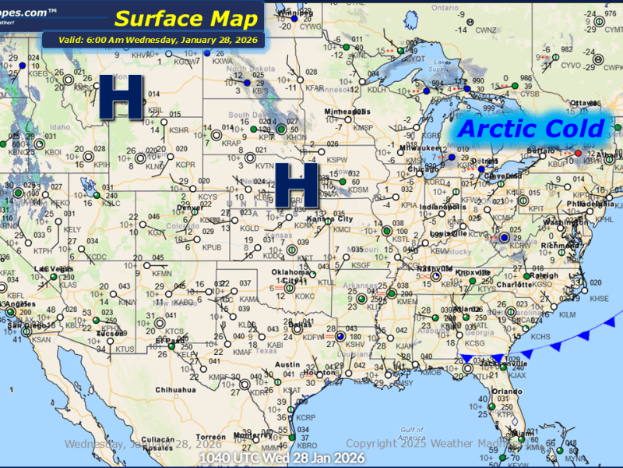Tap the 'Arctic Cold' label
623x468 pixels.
[x=531, y=129]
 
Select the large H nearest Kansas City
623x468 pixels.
[x=297, y=185]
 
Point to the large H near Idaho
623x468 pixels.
[x=124, y=97]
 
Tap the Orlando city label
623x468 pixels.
[x=506, y=391]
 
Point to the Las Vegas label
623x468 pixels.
[x=49, y=270]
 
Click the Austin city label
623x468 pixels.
[x=287, y=365]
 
